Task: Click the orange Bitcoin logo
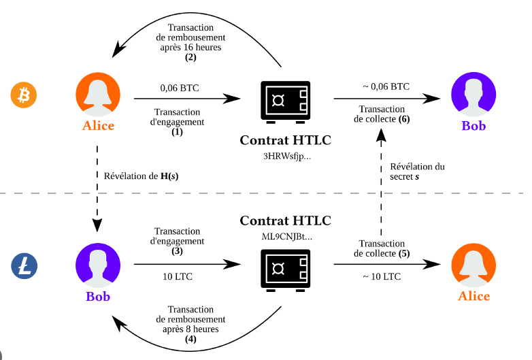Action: (23, 95)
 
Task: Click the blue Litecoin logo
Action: (23, 265)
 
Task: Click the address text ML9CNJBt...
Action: (285, 235)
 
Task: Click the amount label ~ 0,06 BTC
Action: (386, 86)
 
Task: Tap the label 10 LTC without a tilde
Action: (178, 276)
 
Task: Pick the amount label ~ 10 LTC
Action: (382, 276)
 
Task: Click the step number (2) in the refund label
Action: (190, 58)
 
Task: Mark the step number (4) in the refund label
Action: (190, 339)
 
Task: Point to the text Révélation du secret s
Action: (418, 171)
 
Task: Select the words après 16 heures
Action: (190, 48)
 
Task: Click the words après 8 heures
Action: (190, 329)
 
